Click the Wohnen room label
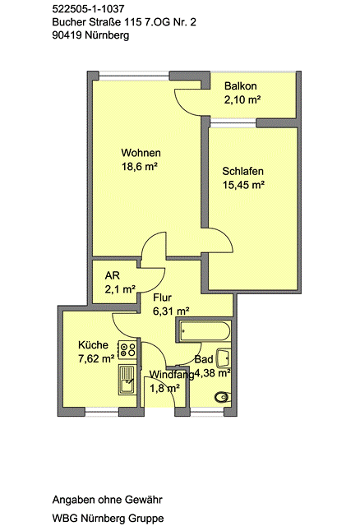coord(141,153)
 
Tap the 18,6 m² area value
coord(140,166)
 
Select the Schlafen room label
coord(243,172)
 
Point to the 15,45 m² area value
coord(243,185)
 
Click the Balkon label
coord(241,86)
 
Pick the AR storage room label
coord(113,276)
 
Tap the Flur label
coord(163,298)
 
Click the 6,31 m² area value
coord(171,311)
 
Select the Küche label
coord(93,345)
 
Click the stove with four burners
coord(127,349)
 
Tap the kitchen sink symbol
coord(127,380)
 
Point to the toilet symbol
coord(223,397)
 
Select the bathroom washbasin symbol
coord(224,358)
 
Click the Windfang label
coord(172,375)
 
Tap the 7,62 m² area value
coord(96,359)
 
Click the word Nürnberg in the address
coord(107,35)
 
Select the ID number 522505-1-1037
coord(88,9)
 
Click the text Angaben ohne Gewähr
coord(108,500)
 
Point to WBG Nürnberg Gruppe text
coord(108,519)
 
